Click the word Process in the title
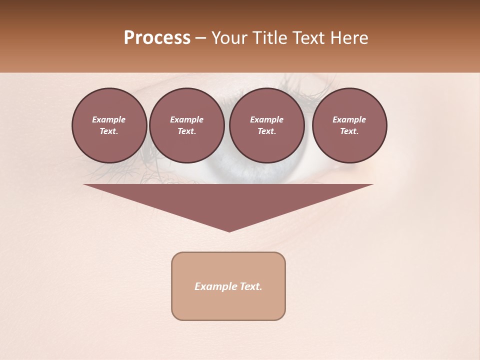coord(157,38)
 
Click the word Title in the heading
coord(269,38)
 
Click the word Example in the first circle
coord(109,119)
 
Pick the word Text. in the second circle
coord(186,131)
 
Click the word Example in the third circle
coord(266,119)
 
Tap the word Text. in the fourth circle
coord(349,131)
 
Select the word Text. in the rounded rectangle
coord(251,286)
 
